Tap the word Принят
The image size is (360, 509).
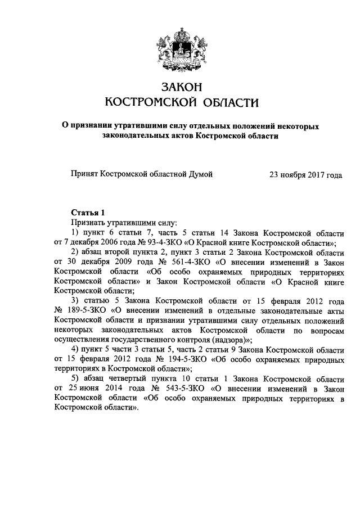click(84, 175)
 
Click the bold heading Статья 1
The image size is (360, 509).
click(88, 213)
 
